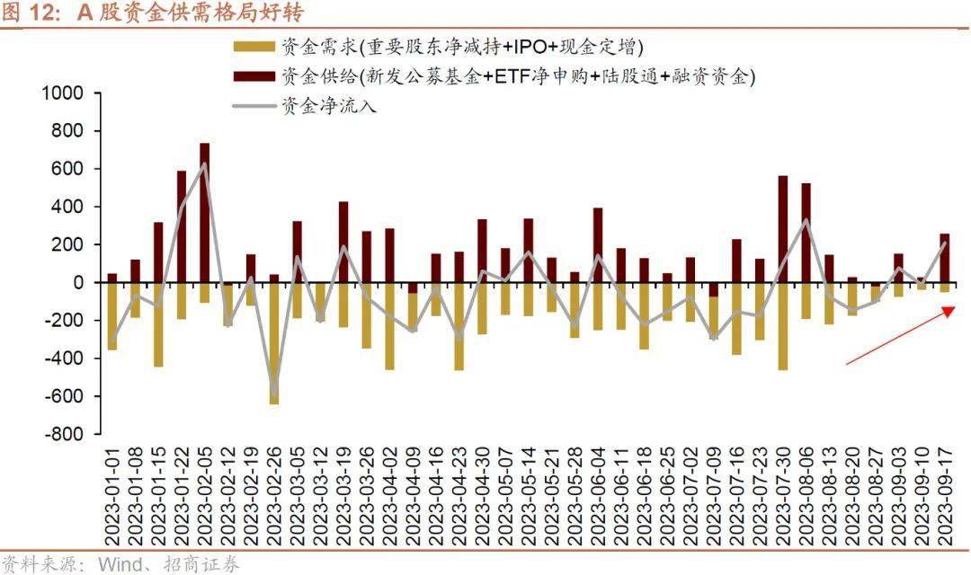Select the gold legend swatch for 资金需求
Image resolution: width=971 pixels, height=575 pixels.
[254, 47]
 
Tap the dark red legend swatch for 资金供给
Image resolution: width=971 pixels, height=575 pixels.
[254, 76]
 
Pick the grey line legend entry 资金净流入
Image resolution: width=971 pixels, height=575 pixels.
[254, 107]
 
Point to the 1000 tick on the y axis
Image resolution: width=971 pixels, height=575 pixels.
[62, 93]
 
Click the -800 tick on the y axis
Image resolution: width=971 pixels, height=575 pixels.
[62, 434]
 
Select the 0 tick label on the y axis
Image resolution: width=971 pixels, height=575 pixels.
[76, 282]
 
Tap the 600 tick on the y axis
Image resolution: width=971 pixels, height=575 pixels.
[67, 169]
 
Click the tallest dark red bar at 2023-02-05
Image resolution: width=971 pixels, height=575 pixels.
[205, 212]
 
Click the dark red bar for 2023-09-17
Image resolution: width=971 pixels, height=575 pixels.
[944, 258]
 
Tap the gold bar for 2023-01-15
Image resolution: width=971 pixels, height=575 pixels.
[158, 324]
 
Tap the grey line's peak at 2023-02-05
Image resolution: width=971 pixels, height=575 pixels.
[204, 164]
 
